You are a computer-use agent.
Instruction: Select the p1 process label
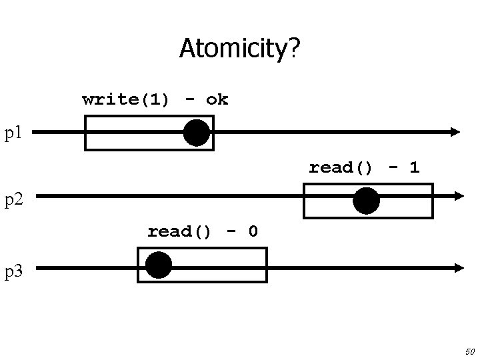tap(14, 133)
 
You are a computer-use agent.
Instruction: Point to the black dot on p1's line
tap(197, 133)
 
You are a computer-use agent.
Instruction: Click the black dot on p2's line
tap(366, 201)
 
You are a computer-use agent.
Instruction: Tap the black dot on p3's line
tap(159, 265)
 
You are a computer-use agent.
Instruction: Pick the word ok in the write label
tap(217, 100)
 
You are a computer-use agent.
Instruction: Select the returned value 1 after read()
tap(414, 167)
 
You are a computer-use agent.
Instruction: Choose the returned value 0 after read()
tap(253, 232)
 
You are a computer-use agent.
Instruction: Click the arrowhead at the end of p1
tap(455, 132)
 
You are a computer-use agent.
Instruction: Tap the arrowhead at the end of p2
tap(458, 196)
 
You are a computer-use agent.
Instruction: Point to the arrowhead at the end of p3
tap(458, 268)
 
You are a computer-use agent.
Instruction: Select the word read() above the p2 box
tap(341, 167)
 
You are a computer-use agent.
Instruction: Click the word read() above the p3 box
tap(179, 232)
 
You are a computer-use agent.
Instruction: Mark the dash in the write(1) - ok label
tap(190, 100)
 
